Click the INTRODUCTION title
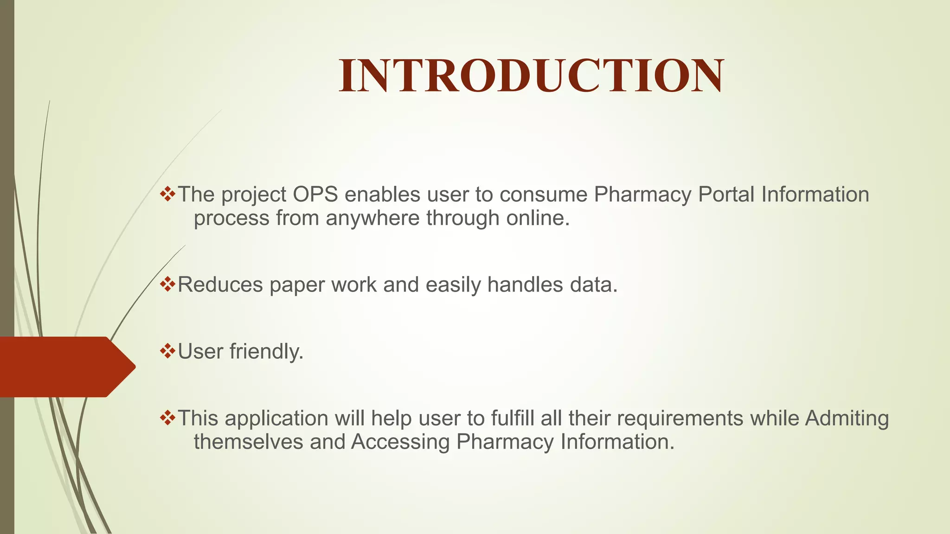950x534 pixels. coord(531,76)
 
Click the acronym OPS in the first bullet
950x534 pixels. coord(315,194)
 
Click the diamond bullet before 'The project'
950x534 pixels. coord(167,193)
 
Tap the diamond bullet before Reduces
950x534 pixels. coord(167,284)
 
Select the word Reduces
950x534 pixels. coord(220,285)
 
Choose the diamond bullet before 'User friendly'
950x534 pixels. coord(167,350)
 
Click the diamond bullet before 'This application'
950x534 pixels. coord(167,418)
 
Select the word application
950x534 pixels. coord(276,419)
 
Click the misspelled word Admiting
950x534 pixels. coord(847,419)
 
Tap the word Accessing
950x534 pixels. coord(400,442)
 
